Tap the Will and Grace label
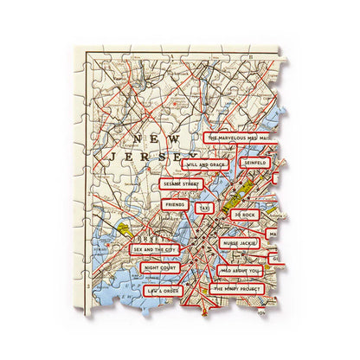click(x=204, y=164)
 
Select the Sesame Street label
click(x=181, y=183)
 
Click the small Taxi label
click(x=204, y=208)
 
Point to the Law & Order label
click(x=163, y=291)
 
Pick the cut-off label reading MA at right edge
click(x=272, y=235)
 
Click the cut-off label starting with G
click(x=273, y=258)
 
